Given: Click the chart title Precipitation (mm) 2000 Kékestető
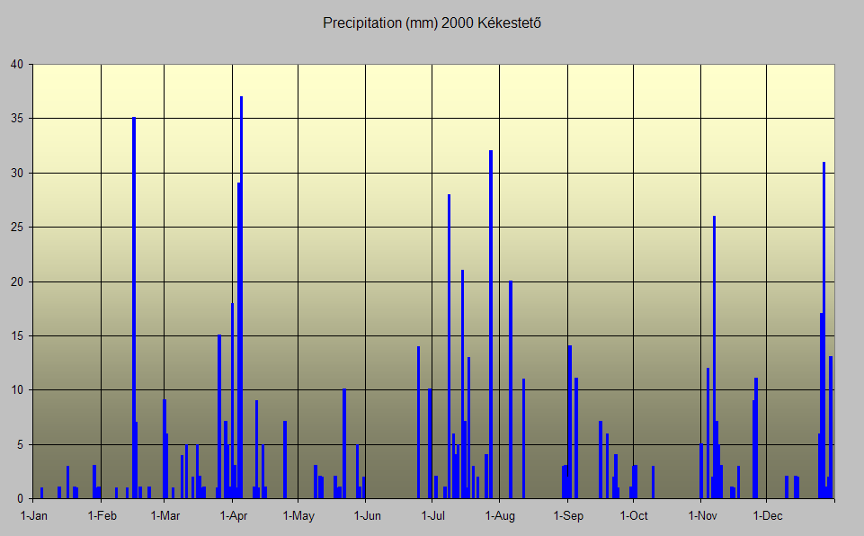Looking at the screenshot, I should [x=432, y=22].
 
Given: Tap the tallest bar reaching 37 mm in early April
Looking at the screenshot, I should [x=241, y=297].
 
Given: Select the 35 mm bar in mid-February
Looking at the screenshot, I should [x=134, y=306].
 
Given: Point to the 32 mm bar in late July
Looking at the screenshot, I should [x=491, y=324].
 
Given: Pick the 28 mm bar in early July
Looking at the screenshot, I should [x=449, y=346].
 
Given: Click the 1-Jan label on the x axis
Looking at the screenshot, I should [x=34, y=516].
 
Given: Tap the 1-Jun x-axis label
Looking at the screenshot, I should [x=367, y=516].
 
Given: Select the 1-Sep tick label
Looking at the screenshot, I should [x=568, y=516].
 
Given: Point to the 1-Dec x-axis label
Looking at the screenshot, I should [x=767, y=516].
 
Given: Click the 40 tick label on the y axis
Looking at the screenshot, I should [x=19, y=65].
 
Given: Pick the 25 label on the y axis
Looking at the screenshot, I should [x=19, y=228].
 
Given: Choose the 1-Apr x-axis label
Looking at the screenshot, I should [x=234, y=516].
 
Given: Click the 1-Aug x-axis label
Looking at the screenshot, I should [x=500, y=516].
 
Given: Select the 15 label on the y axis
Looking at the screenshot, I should [x=19, y=336].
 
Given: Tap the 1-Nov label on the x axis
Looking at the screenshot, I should [x=702, y=516].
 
